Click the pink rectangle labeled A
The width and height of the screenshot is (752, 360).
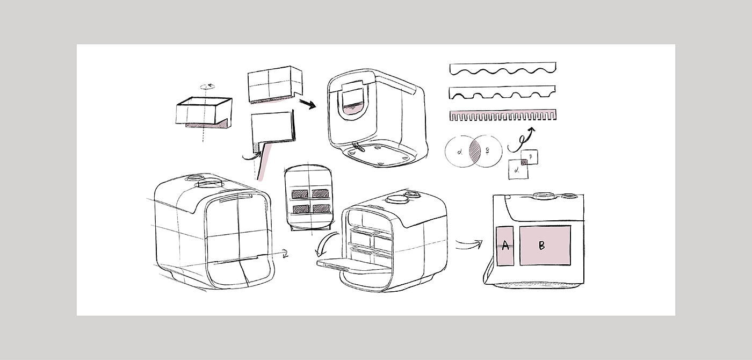(505, 246)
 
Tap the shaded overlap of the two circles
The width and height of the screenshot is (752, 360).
(474, 151)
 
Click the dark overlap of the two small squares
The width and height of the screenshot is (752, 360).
(524, 162)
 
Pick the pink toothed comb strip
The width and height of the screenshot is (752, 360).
(502, 115)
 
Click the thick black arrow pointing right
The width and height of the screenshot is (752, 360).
(308, 104)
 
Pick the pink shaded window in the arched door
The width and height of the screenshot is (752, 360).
(353, 109)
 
